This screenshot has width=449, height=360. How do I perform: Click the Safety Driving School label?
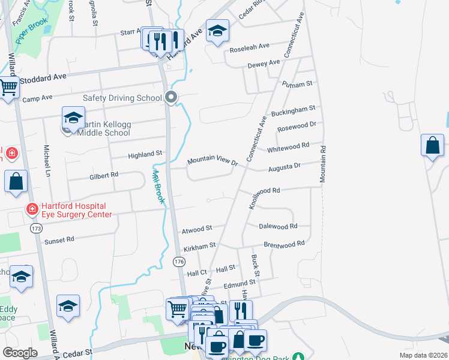point(122,98)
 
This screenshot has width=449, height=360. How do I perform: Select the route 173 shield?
point(37,229)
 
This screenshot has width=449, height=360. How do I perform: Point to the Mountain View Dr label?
point(212,161)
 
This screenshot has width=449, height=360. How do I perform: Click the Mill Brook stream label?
point(158,185)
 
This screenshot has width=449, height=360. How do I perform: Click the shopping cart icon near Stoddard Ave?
point(8,89)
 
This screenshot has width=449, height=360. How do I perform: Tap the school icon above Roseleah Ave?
point(217,31)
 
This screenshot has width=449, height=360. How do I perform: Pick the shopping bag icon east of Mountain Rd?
point(432,146)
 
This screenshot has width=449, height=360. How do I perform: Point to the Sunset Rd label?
point(59,239)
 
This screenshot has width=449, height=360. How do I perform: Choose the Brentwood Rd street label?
point(285,244)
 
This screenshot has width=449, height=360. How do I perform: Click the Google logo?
point(20,353)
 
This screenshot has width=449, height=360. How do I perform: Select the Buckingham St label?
point(293,110)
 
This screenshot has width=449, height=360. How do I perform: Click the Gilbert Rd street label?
point(104,175)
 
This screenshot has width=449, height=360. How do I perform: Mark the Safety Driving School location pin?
point(172,97)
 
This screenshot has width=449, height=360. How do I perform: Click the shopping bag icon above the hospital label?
point(16,181)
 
